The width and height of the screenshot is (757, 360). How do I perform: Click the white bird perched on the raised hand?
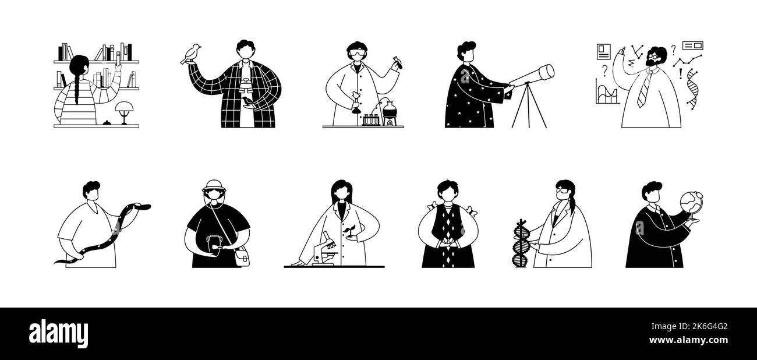tap(190, 54)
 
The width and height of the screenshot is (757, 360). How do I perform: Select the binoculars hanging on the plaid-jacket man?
tap(246, 87)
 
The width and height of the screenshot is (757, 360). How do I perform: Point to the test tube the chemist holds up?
tap(398, 62)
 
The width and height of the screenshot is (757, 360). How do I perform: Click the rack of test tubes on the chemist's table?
tap(371, 120)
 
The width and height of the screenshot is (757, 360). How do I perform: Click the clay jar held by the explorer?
tap(213, 243)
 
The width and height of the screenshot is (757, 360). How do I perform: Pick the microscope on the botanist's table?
tap(324, 251)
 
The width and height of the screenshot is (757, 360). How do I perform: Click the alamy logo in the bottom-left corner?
tap(58, 334)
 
